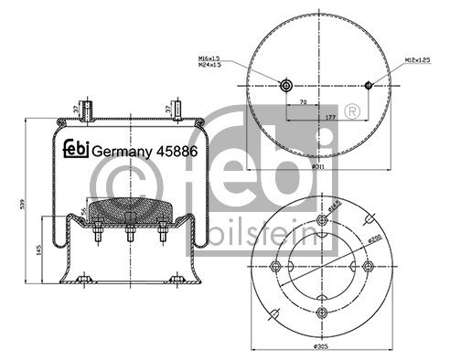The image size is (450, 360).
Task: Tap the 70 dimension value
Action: coord(303,104)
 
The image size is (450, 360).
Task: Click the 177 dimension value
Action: coord(327,118)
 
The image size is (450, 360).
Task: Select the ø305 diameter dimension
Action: coord(322,348)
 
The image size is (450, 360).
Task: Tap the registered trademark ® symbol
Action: coord(351,111)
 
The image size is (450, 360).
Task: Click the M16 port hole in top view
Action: coord(286,86)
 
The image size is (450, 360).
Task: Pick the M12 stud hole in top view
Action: coord(368,86)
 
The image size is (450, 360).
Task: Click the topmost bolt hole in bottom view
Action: coord(322,220)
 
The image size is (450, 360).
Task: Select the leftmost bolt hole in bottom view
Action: coord(277,266)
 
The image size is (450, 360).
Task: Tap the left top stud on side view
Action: coord(85,110)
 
